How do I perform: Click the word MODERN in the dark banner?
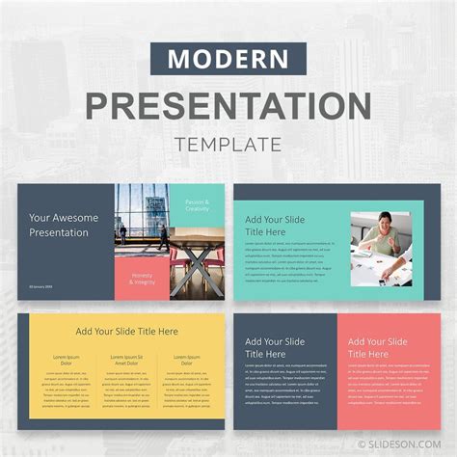(x=228, y=58)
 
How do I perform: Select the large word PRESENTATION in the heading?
(x=228, y=104)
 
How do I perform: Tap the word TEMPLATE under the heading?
(x=228, y=145)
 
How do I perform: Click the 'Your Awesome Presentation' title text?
(x=65, y=225)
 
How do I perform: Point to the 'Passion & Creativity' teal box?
(x=197, y=206)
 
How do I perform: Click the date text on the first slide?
(x=41, y=287)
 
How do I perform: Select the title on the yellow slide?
(x=127, y=331)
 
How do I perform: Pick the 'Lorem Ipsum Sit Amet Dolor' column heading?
(x=126, y=361)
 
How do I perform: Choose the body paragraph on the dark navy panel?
(x=285, y=380)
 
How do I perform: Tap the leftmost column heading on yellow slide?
(x=65, y=361)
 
